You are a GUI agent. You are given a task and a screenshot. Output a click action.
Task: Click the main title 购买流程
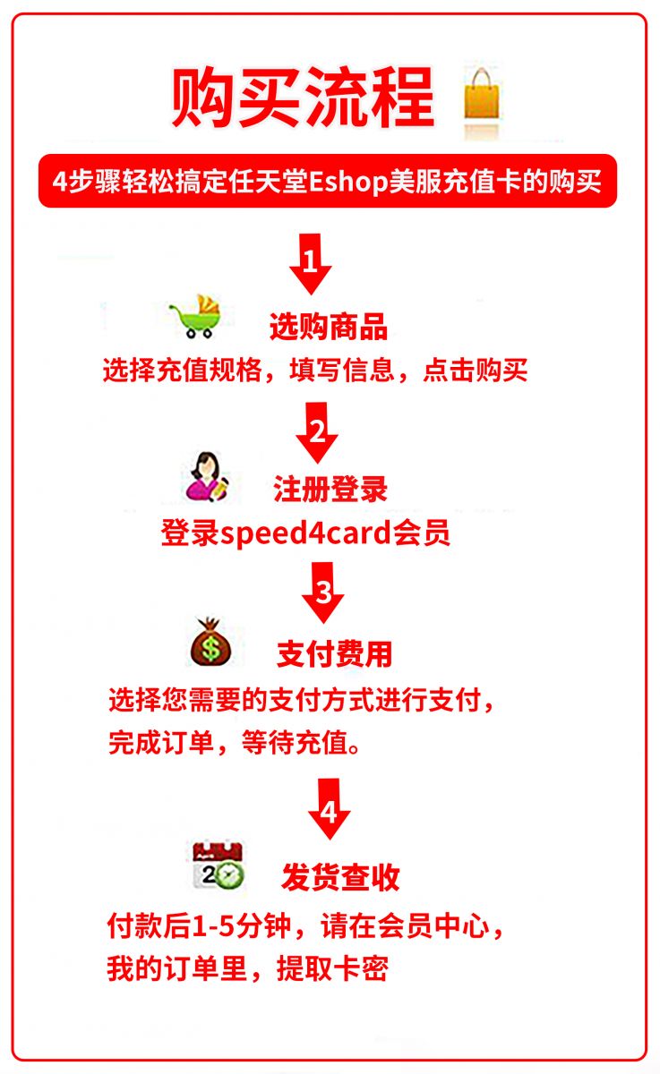[x=304, y=98]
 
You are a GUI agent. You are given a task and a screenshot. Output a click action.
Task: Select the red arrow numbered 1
[x=311, y=264]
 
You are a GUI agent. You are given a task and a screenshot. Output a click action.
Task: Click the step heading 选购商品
[x=329, y=327]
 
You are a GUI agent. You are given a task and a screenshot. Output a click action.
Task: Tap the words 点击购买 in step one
[x=476, y=371]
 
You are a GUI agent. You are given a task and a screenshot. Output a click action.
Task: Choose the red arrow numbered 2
[x=317, y=432]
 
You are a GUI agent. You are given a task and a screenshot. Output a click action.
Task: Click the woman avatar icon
[x=207, y=476]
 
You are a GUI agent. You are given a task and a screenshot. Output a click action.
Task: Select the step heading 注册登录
[x=330, y=489]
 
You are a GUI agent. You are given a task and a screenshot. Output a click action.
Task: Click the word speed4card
[x=306, y=533]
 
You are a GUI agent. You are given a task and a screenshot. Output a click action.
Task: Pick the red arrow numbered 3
[x=322, y=592]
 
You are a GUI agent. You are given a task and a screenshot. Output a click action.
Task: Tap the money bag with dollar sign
[x=210, y=642]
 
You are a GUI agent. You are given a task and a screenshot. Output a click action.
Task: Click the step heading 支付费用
[x=334, y=654]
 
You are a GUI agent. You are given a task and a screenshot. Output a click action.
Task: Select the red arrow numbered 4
[x=329, y=809]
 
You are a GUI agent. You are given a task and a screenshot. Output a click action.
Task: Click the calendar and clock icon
[x=219, y=865]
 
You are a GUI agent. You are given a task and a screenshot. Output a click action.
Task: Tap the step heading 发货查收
[x=340, y=877]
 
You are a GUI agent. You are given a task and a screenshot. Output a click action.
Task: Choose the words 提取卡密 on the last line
[x=332, y=969]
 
